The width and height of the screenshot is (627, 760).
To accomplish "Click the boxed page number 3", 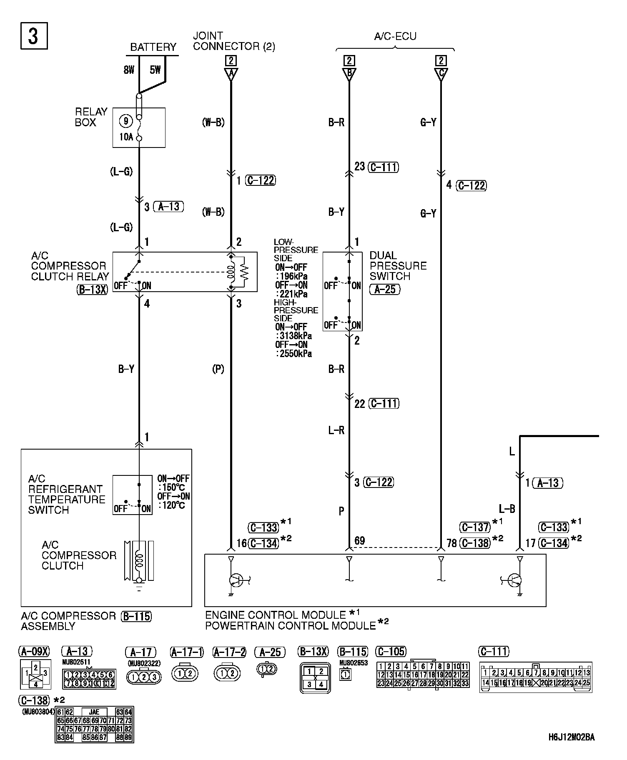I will point(34,36).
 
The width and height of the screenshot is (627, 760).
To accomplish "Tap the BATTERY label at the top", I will point(153,47).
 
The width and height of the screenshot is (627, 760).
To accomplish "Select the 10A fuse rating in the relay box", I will point(126,137).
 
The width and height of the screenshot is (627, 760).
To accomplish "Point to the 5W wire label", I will point(155,70).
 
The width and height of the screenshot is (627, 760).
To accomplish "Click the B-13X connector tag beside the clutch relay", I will point(92,289).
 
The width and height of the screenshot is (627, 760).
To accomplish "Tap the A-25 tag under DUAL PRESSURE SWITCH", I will point(384,289).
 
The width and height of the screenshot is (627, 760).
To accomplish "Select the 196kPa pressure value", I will point(293,277).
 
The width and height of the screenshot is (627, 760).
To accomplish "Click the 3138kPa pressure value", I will point(295,336).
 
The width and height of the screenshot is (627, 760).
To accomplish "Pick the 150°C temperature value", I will point(172,487).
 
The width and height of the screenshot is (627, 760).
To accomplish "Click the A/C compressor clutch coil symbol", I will point(139,560).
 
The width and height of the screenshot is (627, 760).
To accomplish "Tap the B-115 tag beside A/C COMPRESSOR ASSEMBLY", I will point(136,616).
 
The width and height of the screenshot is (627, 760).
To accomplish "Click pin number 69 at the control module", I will point(359,541).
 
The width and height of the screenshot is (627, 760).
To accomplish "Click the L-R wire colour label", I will point(336,430).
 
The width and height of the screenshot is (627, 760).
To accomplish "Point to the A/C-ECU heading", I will point(395,36).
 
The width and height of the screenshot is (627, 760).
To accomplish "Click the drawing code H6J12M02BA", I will point(571,737).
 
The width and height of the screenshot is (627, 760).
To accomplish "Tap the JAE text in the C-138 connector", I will point(94,712).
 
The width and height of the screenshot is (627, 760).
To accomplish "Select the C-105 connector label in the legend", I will point(390,651).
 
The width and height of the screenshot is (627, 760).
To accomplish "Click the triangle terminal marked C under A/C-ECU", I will point(441,74).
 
